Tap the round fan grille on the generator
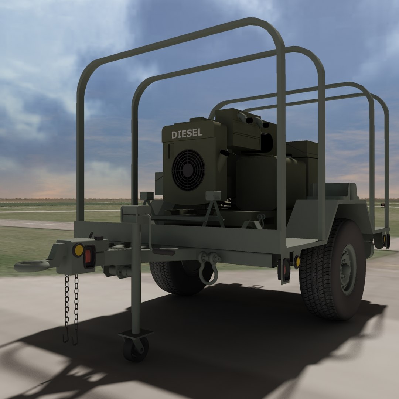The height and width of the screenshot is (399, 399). point(188,170)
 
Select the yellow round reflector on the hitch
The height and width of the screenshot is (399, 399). point(78,250)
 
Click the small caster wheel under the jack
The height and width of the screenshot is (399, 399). point(136,349)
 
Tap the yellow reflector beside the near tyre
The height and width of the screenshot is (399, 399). point(297,262)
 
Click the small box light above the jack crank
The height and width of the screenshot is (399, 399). point(147,196)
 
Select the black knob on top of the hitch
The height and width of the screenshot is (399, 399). point(99,238)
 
